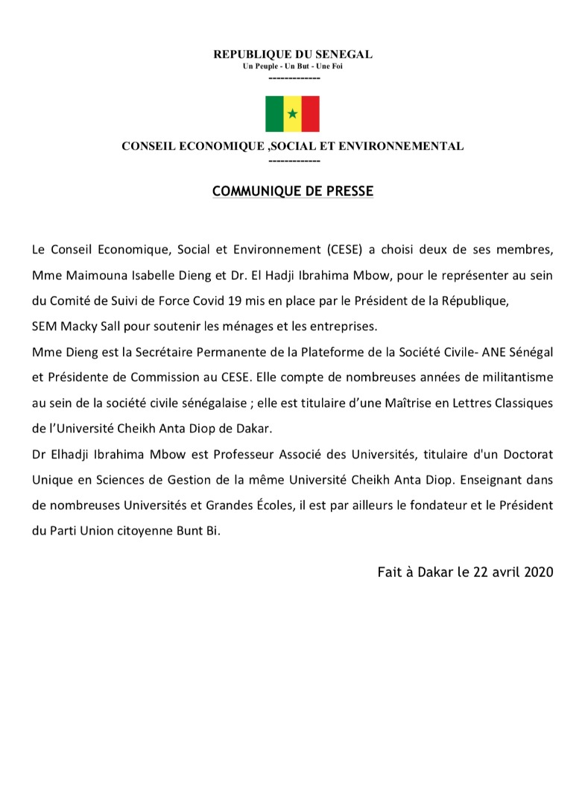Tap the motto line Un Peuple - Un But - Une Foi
293,66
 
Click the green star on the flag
293,114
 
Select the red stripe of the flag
310,114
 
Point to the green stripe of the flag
275,114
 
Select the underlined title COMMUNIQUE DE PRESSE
293,191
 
